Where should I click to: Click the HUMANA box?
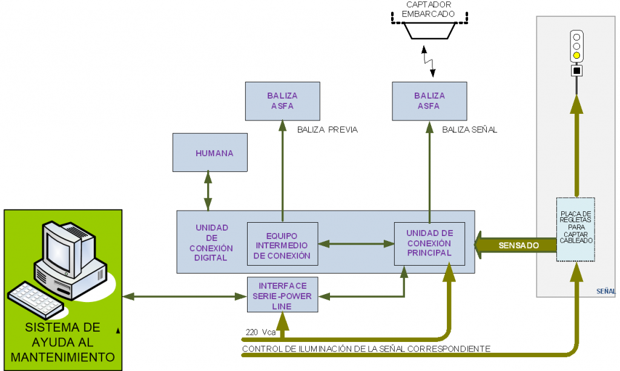(211, 153)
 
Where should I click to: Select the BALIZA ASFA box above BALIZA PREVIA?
(282, 101)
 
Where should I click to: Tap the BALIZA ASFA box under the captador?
(429, 101)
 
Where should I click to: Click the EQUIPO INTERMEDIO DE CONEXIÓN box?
(282, 245)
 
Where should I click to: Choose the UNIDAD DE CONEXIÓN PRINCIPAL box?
(429, 243)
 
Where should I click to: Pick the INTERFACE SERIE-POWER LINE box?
(282, 295)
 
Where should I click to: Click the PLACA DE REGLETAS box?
(576, 229)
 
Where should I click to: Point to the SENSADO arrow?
(515, 246)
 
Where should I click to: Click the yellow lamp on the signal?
(576, 56)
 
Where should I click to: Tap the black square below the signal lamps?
(576, 71)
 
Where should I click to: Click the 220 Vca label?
(260, 332)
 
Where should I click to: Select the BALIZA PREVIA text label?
(328, 130)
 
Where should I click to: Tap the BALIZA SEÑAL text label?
(469, 130)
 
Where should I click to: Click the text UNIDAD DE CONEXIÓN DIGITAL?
(211, 243)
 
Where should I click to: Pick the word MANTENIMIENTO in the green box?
(63, 356)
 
